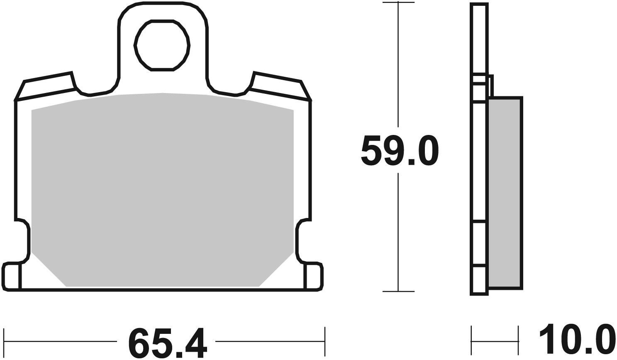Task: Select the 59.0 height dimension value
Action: tap(399, 150)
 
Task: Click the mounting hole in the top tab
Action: tap(162, 46)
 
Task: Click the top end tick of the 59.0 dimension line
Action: tap(398, 2)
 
